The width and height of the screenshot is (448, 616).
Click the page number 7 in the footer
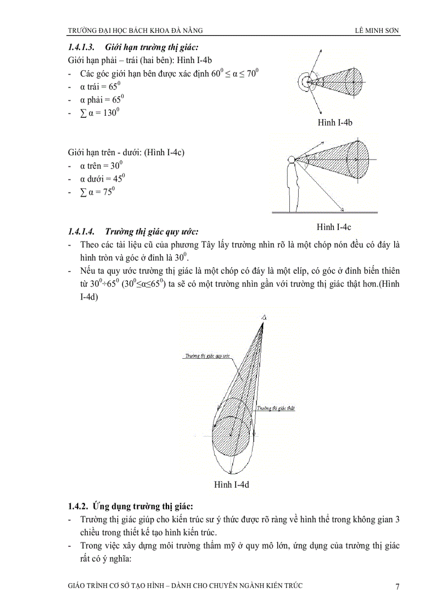(x=397, y=587)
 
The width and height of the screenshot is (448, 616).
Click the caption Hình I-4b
(x=334, y=122)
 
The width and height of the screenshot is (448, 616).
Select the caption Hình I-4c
(x=334, y=227)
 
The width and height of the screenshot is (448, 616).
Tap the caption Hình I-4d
(x=232, y=484)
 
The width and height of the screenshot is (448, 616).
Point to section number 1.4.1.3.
(x=81, y=48)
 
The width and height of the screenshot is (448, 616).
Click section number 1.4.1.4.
(x=81, y=231)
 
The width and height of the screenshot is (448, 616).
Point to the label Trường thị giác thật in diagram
(x=276, y=408)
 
